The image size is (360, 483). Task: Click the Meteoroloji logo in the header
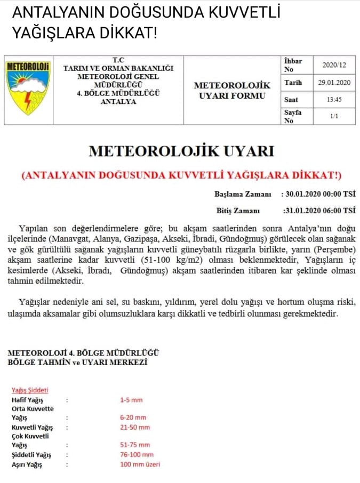pyautogui.click(x=28, y=88)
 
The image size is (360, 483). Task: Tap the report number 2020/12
pyautogui.click(x=334, y=65)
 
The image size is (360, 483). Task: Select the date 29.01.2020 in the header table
pyautogui.click(x=334, y=83)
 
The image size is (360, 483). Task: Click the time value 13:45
pyautogui.click(x=334, y=100)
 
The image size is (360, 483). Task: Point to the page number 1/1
pyautogui.click(x=334, y=116)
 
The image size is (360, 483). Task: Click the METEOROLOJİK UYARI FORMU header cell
pyautogui.click(x=232, y=90)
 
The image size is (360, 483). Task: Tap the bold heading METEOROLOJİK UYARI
pyautogui.click(x=181, y=151)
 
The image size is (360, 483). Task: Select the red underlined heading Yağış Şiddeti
pyautogui.click(x=30, y=390)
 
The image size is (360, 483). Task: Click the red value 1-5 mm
pyautogui.click(x=131, y=399)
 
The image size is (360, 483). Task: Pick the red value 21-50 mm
pyautogui.click(x=135, y=427)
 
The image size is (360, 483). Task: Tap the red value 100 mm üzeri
pyautogui.click(x=140, y=464)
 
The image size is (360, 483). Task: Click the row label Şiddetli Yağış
pyautogui.click(x=31, y=455)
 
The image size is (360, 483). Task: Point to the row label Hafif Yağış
pyautogui.click(x=27, y=399)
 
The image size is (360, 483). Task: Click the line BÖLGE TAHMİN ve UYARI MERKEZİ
pyautogui.click(x=78, y=363)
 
